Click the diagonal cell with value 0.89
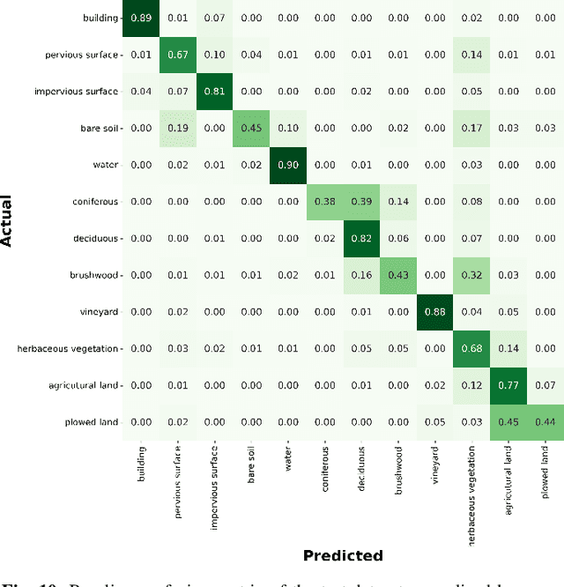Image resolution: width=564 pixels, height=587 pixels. (x=140, y=19)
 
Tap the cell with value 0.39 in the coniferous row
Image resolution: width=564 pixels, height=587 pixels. (x=361, y=202)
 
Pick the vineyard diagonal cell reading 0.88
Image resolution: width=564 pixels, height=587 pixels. (x=434, y=312)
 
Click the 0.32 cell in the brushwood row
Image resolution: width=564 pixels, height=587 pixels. (x=471, y=275)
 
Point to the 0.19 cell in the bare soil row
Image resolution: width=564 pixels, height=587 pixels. (x=177, y=129)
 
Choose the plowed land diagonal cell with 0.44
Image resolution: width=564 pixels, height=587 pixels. (x=545, y=422)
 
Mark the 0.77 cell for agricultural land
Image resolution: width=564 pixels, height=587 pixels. (x=508, y=385)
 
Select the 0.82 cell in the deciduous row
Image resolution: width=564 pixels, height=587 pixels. (x=361, y=239)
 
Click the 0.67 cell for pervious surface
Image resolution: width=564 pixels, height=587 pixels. (x=177, y=56)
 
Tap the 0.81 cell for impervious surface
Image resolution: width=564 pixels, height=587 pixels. (x=214, y=92)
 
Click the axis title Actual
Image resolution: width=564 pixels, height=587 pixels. (x=8, y=220)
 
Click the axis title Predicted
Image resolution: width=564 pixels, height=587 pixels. (x=343, y=555)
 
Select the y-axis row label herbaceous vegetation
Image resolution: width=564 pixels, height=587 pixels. (x=67, y=349)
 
